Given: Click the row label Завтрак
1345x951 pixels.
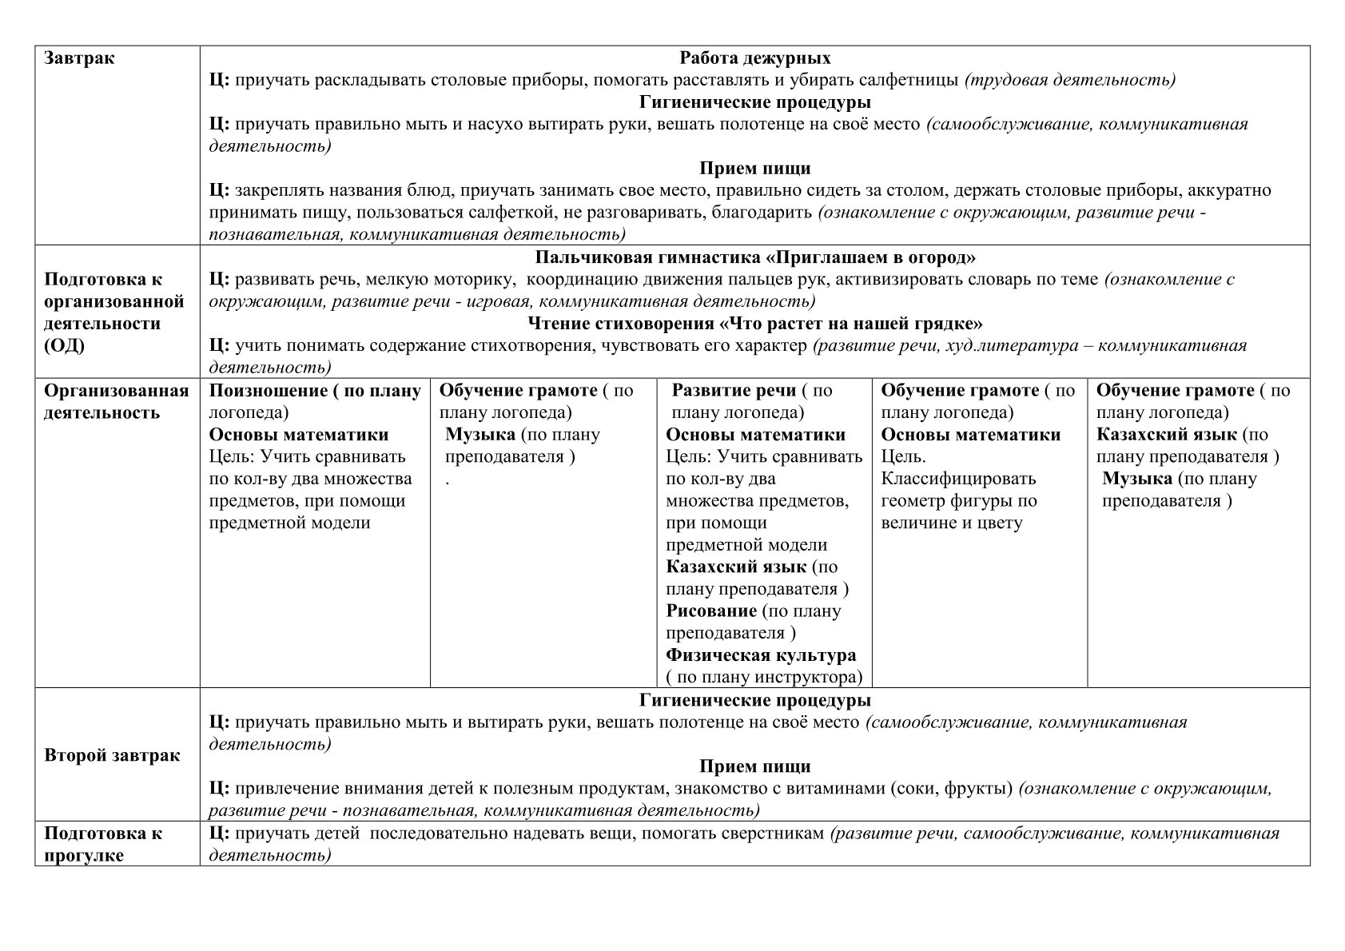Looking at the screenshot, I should tap(79, 58).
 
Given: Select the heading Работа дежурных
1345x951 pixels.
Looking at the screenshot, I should tap(754, 58).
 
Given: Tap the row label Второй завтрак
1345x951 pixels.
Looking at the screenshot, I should tap(112, 755).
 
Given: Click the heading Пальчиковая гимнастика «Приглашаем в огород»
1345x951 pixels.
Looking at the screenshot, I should tap(754, 257).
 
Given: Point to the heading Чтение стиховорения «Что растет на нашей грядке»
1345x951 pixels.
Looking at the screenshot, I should tap(754, 324).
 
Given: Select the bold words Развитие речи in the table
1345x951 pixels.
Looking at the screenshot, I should tap(734, 391).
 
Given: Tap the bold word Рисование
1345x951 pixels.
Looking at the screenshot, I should tap(711, 611).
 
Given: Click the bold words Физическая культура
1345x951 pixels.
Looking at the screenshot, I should tap(761, 655).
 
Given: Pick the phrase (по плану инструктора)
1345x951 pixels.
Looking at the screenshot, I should tap(764, 678).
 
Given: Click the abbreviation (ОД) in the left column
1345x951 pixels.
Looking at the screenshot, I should tap(64, 346).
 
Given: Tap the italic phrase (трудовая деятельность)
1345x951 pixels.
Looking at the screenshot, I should tap(1070, 80).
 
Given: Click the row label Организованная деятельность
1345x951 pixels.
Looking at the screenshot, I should tap(116, 402).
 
